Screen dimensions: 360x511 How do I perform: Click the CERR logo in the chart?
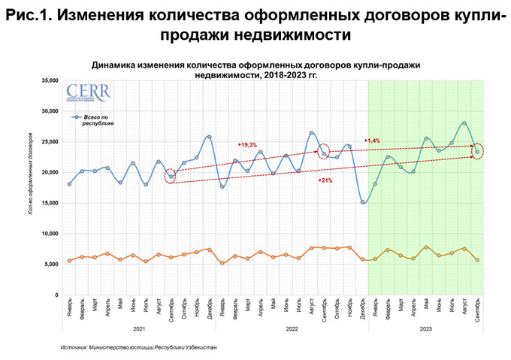point(87,94)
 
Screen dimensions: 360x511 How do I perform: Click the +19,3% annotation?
point(247,144)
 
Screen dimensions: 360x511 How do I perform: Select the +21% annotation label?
point(325,181)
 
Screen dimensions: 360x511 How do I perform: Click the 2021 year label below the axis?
point(140,328)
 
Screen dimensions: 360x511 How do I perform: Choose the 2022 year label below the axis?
point(293,328)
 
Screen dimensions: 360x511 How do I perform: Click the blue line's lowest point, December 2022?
point(363,201)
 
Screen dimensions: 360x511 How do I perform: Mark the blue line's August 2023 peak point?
point(464,123)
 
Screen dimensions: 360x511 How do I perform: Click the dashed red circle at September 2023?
point(477,152)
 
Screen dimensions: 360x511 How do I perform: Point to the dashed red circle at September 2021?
point(171,177)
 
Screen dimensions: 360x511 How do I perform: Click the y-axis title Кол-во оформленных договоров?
point(29,173)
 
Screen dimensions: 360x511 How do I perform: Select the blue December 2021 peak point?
point(209,137)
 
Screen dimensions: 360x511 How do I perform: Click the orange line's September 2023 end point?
point(477,260)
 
